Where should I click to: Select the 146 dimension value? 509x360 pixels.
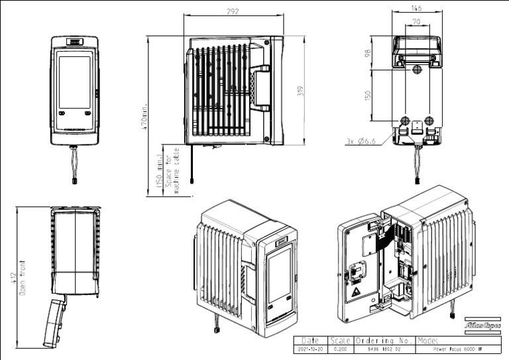[416, 9]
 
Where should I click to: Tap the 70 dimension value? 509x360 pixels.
[416, 22]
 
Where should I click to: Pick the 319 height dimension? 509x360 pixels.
[300, 90]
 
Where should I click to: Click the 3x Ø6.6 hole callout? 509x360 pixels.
[361, 141]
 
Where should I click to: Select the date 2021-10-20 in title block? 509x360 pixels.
[310, 347]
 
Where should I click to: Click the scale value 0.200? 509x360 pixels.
[342, 347]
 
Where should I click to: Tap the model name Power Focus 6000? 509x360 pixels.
[455, 347]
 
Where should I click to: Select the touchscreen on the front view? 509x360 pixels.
[74, 82]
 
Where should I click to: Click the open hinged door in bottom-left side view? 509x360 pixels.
[54, 322]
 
